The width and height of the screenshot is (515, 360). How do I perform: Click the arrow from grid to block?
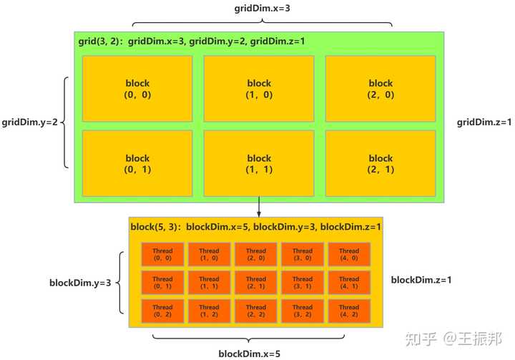pos(259,209)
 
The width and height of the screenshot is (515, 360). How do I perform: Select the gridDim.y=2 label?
pos(29,122)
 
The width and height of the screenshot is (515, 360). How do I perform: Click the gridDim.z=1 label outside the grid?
pos(485,122)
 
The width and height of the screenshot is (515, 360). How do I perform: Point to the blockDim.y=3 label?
pos(79,283)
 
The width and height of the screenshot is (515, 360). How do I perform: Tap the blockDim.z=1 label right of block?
pos(421,279)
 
